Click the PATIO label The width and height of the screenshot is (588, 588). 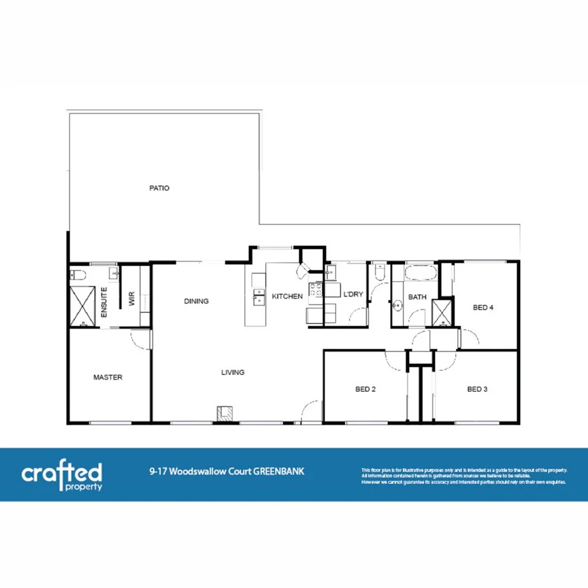159,188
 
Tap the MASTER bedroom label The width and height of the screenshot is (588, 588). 108,377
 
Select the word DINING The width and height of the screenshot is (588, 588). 196,301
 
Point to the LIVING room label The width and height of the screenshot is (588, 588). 233,372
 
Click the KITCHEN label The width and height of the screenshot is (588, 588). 287,296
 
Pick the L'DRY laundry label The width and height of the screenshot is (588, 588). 353,295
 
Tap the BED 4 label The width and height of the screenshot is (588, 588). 482,308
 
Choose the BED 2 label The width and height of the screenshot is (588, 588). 365,389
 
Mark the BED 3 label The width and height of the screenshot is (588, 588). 477,389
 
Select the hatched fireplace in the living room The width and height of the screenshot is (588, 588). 225,412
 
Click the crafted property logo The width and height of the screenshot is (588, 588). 62,475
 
